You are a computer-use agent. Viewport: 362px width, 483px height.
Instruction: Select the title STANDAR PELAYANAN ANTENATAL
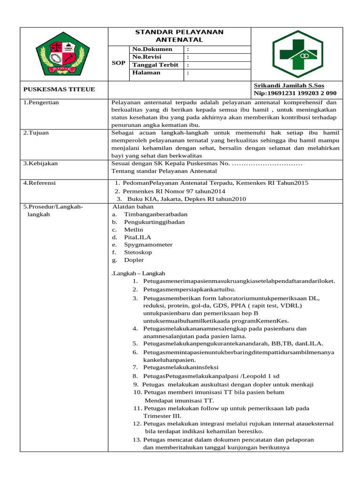(x=180, y=36)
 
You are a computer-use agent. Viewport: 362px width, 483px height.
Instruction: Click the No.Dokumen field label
(x=152, y=50)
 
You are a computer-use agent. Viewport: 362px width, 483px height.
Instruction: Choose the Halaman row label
(x=146, y=73)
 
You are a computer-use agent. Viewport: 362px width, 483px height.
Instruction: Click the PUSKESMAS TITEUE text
(x=59, y=90)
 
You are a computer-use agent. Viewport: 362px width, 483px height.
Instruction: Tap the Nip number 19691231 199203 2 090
(x=296, y=93)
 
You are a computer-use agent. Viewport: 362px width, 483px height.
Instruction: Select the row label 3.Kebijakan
(x=41, y=163)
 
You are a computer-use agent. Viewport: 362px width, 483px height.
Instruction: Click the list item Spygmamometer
(x=148, y=245)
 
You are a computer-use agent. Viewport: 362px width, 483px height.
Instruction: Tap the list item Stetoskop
(x=141, y=252)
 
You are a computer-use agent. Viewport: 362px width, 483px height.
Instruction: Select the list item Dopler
(x=134, y=260)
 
